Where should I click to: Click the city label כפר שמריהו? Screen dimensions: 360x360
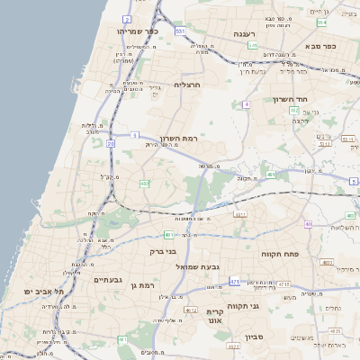pos(139,31)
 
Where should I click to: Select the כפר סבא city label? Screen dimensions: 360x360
pos(319,46)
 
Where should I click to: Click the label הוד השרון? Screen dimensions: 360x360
pos(291,100)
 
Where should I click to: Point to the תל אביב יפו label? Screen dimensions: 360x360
pos(45,292)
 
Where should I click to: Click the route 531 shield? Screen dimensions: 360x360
pos(181,31)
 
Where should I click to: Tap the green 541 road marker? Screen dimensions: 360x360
pos(253,45)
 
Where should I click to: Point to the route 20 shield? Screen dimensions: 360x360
pos(110,143)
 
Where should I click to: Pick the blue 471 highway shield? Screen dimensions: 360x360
pos(235,282)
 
